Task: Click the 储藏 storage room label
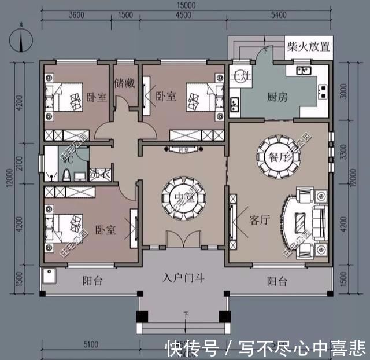point(124,83)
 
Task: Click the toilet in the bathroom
point(68,174)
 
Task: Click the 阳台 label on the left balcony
point(92,281)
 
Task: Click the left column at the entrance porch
point(142,317)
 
